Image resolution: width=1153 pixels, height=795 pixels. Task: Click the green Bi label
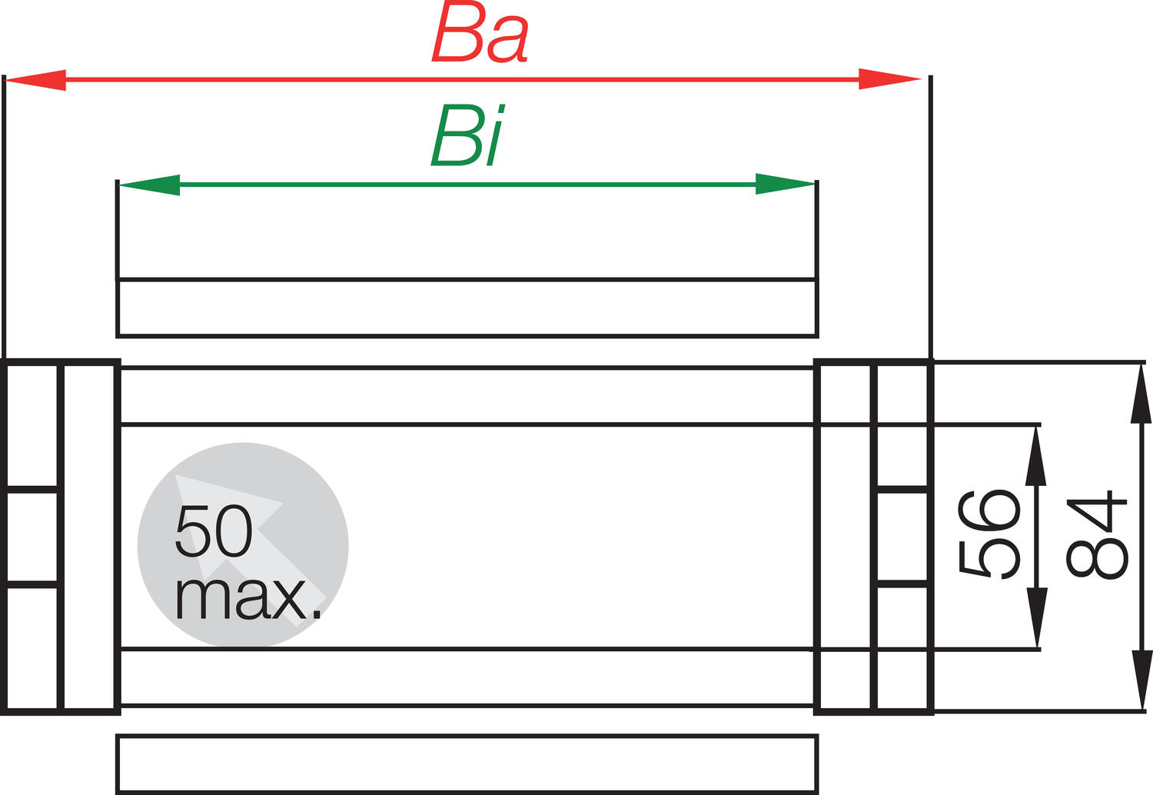pos(468,135)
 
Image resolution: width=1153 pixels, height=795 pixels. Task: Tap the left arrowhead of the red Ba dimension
pos(35,80)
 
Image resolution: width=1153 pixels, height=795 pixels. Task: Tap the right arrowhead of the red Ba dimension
pos(889,78)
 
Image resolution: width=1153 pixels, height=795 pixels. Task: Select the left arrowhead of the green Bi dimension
pos(150,185)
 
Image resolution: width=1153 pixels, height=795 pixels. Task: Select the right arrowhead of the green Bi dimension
pos(786,184)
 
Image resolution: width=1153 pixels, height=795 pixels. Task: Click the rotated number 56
pos(989,534)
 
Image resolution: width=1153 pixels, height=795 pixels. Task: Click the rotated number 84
pos(1097,534)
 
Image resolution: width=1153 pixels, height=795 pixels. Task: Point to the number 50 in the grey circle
pos(214,531)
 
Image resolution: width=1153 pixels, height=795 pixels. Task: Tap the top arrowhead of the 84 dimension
pos(1141,394)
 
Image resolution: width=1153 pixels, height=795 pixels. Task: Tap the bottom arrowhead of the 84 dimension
pos(1141,680)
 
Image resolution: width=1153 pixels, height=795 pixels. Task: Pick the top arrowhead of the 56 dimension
pos(1035,456)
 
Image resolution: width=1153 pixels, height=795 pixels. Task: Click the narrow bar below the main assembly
pos(467,764)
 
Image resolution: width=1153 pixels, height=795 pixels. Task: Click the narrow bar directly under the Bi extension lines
pos(467,308)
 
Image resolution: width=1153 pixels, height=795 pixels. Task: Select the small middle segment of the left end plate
pos(32,536)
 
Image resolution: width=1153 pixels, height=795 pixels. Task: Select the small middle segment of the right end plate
pos(902,537)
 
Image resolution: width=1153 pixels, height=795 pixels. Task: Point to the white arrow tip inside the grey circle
pos(176,475)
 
